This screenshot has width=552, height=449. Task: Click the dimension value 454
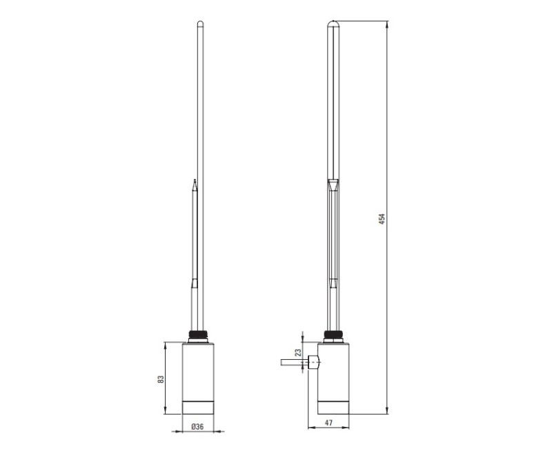tap(382, 218)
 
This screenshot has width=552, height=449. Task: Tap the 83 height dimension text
tap(160, 379)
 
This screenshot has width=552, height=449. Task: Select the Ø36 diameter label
tap(197, 427)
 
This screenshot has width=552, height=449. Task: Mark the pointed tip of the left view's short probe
tap(195, 182)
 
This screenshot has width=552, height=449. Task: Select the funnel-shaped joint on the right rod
tap(333, 185)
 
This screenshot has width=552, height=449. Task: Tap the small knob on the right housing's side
tap(314, 361)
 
